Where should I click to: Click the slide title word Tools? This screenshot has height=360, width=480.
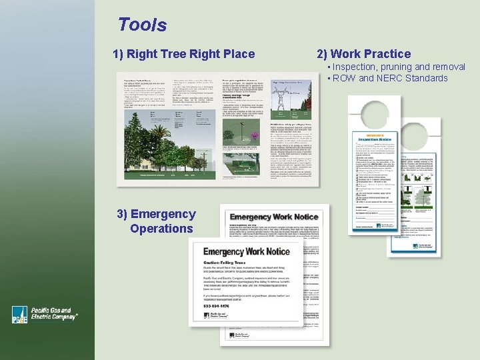click(x=142, y=25)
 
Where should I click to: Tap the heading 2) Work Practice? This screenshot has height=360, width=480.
click(x=363, y=54)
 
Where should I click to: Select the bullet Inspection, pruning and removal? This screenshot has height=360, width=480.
click(x=399, y=67)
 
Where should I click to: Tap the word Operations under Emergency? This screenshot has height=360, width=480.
click(x=161, y=229)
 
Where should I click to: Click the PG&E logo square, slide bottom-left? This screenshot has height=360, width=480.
click(x=20, y=315)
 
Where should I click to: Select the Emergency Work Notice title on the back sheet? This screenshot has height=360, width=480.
click(x=273, y=217)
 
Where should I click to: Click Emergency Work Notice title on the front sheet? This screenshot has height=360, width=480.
click(x=246, y=251)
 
